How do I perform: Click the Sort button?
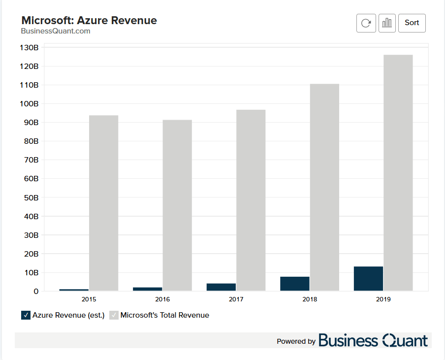[412, 23]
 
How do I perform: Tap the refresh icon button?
[366, 23]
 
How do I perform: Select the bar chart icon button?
[387, 23]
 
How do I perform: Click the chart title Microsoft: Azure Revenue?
[89, 20]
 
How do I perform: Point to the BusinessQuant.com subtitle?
[56, 31]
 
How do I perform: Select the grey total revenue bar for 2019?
[398, 172]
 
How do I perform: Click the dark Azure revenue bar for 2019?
[368, 279]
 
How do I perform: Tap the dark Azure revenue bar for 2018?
[295, 284]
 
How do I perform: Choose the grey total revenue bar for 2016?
[177, 205]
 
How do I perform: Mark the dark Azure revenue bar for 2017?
[221, 287]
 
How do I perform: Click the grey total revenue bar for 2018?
[324, 187]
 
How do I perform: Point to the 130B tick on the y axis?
[29, 48]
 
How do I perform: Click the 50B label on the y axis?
[30, 197]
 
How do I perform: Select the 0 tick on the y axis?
[36, 292]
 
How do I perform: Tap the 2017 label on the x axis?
[236, 299]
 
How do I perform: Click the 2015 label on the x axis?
[89, 299]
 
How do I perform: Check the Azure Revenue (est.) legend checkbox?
[26, 315]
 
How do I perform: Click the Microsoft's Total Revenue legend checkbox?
[114, 315]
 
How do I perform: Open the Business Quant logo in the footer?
[373, 340]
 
